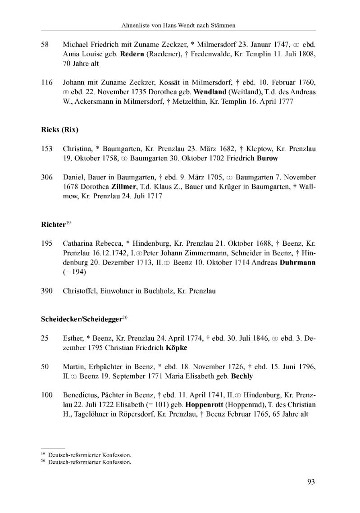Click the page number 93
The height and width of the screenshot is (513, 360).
click(x=311, y=482)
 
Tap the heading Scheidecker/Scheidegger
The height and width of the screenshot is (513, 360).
click(x=82, y=319)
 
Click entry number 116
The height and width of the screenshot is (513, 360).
click(x=46, y=83)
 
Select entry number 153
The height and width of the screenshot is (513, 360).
click(x=46, y=149)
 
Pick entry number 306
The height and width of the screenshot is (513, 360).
click(x=46, y=177)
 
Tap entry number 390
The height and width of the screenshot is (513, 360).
click(x=46, y=291)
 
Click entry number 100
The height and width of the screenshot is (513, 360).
click(x=46, y=395)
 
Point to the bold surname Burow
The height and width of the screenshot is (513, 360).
click(x=267, y=158)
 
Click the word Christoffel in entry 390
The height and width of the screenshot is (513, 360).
click(x=78, y=291)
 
